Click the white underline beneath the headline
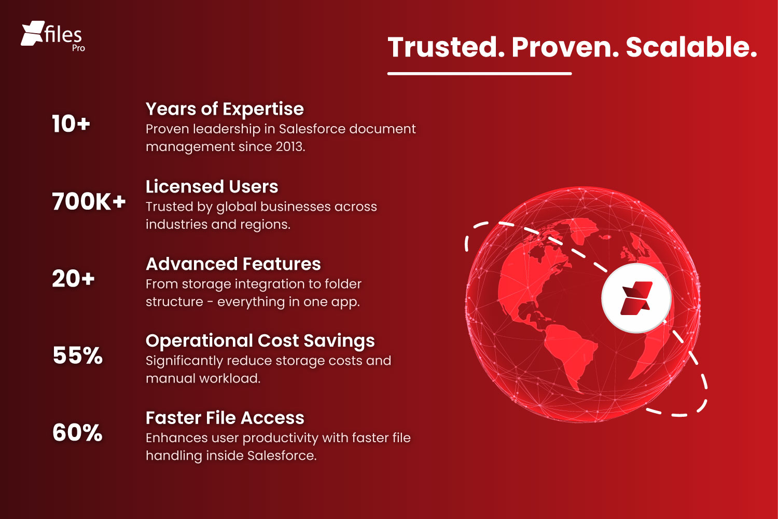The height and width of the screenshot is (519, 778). (x=479, y=74)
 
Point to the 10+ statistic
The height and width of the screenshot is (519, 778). (x=71, y=124)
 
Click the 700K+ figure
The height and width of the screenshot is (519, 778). (x=89, y=201)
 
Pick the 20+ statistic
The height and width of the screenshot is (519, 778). (x=73, y=279)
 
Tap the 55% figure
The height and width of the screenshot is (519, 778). (x=77, y=356)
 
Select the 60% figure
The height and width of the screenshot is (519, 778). (x=77, y=433)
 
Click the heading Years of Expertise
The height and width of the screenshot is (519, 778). (x=225, y=109)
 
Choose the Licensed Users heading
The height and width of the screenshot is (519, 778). (x=212, y=186)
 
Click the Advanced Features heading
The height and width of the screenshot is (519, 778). (x=233, y=264)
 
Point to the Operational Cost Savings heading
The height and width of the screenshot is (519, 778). (x=260, y=340)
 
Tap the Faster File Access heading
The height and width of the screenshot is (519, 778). (x=225, y=418)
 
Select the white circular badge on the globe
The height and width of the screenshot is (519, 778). (x=636, y=298)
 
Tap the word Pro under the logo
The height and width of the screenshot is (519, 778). (x=78, y=48)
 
